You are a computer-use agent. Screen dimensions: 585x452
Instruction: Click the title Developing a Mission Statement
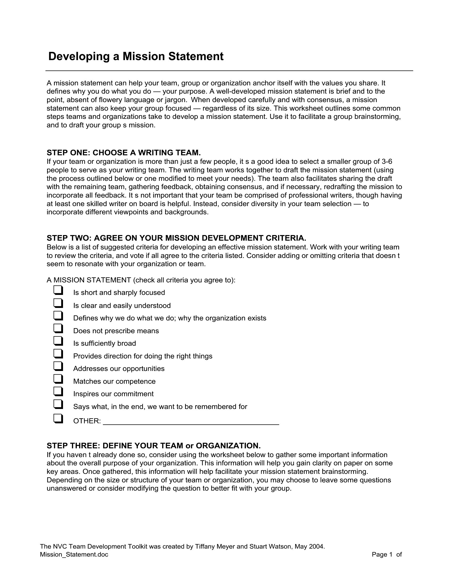click(136, 57)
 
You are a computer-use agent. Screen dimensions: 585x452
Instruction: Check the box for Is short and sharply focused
click(58, 290)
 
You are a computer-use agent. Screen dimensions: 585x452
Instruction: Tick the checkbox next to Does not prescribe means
click(58, 328)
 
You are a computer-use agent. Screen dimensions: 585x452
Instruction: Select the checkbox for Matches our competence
click(58, 379)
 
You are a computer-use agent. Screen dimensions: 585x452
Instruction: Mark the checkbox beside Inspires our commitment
click(58, 392)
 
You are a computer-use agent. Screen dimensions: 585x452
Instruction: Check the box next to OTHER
click(58, 418)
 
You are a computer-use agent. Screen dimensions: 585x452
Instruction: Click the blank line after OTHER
click(191, 422)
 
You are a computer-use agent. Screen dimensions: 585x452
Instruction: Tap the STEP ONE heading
click(124, 153)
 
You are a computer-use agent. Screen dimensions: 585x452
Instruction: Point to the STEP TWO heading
click(176, 238)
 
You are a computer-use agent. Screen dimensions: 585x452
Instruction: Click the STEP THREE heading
click(154, 446)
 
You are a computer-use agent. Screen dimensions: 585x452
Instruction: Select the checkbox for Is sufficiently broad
click(58, 341)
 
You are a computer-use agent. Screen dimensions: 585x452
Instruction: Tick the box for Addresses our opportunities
click(58, 366)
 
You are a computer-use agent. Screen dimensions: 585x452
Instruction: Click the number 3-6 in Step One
click(387, 161)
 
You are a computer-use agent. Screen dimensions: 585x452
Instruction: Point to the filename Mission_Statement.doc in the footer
click(74, 554)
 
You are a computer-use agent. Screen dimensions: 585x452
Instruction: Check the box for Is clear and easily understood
click(58, 303)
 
